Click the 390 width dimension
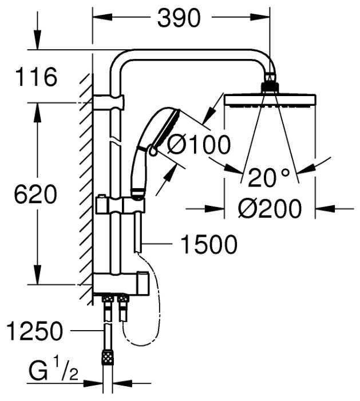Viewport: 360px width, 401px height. pyautogui.click(x=179, y=18)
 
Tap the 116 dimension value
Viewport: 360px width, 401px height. pyautogui.click(x=37, y=77)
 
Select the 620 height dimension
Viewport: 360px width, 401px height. pyautogui.click(x=35, y=195)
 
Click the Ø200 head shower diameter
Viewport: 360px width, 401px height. pyautogui.click(x=270, y=209)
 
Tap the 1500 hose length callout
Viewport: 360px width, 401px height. pyautogui.click(x=208, y=245)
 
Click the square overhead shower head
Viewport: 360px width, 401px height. pyautogui.click(x=270, y=100)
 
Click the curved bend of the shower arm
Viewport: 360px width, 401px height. pyautogui.click(x=125, y=59)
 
